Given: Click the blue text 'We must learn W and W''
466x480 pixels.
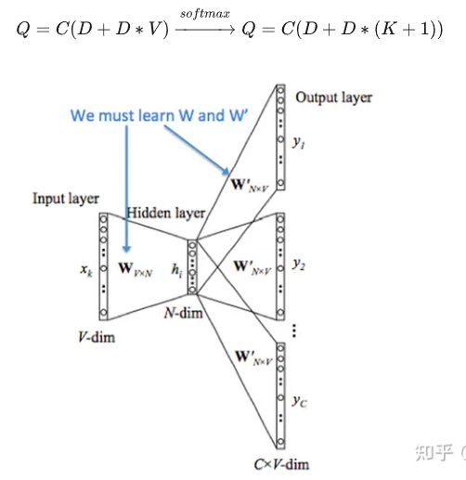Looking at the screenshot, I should tap(148, 116).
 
